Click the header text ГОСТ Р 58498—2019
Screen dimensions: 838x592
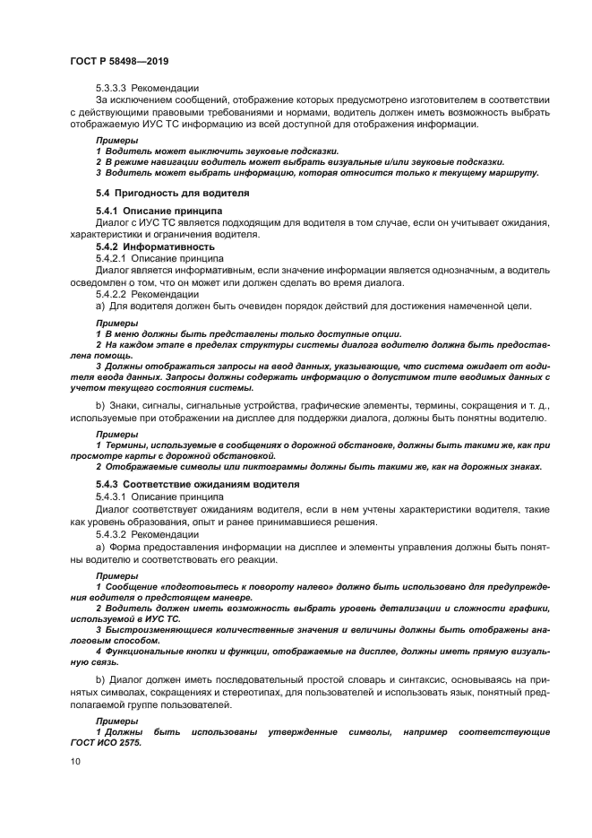tap(119, 61)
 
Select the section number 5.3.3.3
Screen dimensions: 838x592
tap(112, 89)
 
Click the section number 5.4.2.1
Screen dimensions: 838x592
tap(112, 256)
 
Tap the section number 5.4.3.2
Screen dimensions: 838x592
tap(112, 533)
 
